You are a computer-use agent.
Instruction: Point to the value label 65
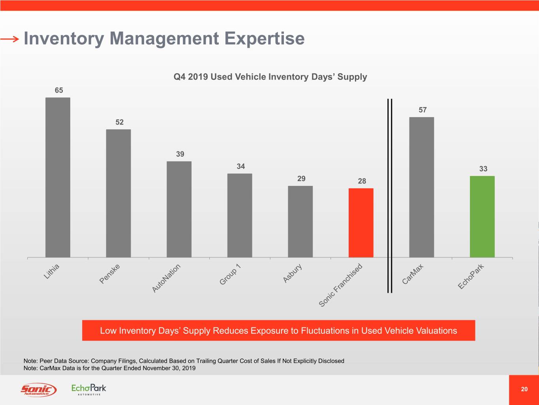click(59, 90)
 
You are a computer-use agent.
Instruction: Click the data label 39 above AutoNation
click(180, 154)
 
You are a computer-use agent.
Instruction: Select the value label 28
click(362, 181)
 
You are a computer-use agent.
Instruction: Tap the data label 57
click(423, 110)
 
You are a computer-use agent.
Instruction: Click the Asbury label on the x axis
click(293, 273)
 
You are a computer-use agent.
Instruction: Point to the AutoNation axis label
click(167, 278)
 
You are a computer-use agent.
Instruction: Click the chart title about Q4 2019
click(270, 77)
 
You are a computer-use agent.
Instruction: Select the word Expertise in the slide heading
click(265, 38)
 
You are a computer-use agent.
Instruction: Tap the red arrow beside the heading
click(9, 39)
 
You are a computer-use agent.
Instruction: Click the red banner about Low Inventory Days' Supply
click(278, 331)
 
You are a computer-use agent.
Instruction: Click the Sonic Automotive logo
click(38, 390)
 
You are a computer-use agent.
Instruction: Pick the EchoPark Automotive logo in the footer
click(89, 389)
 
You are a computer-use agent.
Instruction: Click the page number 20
click(524, 389)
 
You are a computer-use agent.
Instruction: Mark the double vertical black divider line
click(390, 196)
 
